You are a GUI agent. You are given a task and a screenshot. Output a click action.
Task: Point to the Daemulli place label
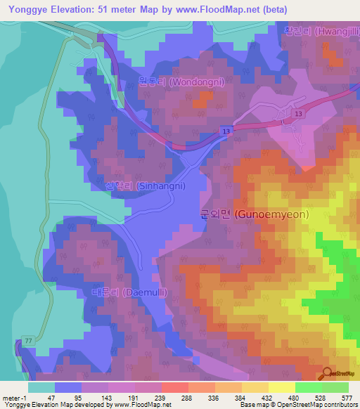[128, 292]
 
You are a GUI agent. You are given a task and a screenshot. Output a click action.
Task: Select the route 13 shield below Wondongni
[225, 131]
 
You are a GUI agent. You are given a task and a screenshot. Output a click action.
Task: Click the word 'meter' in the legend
[11, 397]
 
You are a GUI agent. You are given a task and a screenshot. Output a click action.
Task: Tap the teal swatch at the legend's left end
[41, 387]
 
